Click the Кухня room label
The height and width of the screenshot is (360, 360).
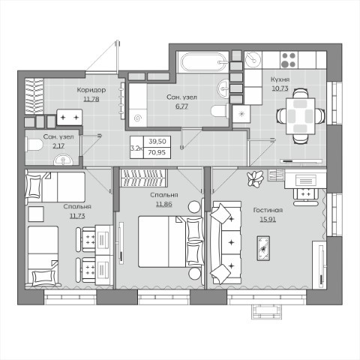280,79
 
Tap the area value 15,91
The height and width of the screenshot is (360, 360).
268,220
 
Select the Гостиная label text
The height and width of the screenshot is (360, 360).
268,210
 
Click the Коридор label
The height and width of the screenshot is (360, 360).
91,90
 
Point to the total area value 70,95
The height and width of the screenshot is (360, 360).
157,152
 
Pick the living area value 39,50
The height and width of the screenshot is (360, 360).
157,141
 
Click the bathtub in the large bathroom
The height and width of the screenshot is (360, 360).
204,62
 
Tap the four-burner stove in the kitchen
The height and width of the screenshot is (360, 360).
288,60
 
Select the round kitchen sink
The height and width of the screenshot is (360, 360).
253,59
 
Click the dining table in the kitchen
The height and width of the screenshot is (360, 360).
300,116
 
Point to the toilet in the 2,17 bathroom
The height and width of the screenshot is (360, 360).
34,145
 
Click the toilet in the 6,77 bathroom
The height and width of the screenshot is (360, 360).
220,111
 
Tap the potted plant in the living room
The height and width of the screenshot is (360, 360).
255,178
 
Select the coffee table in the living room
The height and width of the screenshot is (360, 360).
263,248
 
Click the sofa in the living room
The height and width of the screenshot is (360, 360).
226,243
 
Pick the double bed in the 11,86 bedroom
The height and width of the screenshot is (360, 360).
170,241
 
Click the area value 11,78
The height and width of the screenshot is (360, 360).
91,99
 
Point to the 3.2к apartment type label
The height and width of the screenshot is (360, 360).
136,148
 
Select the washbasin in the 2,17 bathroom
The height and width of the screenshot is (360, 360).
63,160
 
